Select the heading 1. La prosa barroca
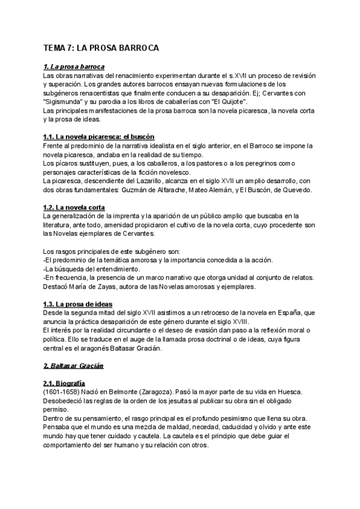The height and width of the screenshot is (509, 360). pyautogui.click(x=74, y=67)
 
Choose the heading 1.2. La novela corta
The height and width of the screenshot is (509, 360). pyautogui.click(x=74, y=206)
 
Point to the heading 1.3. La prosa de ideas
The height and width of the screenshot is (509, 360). pyautogui.click(x=80, y=304)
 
